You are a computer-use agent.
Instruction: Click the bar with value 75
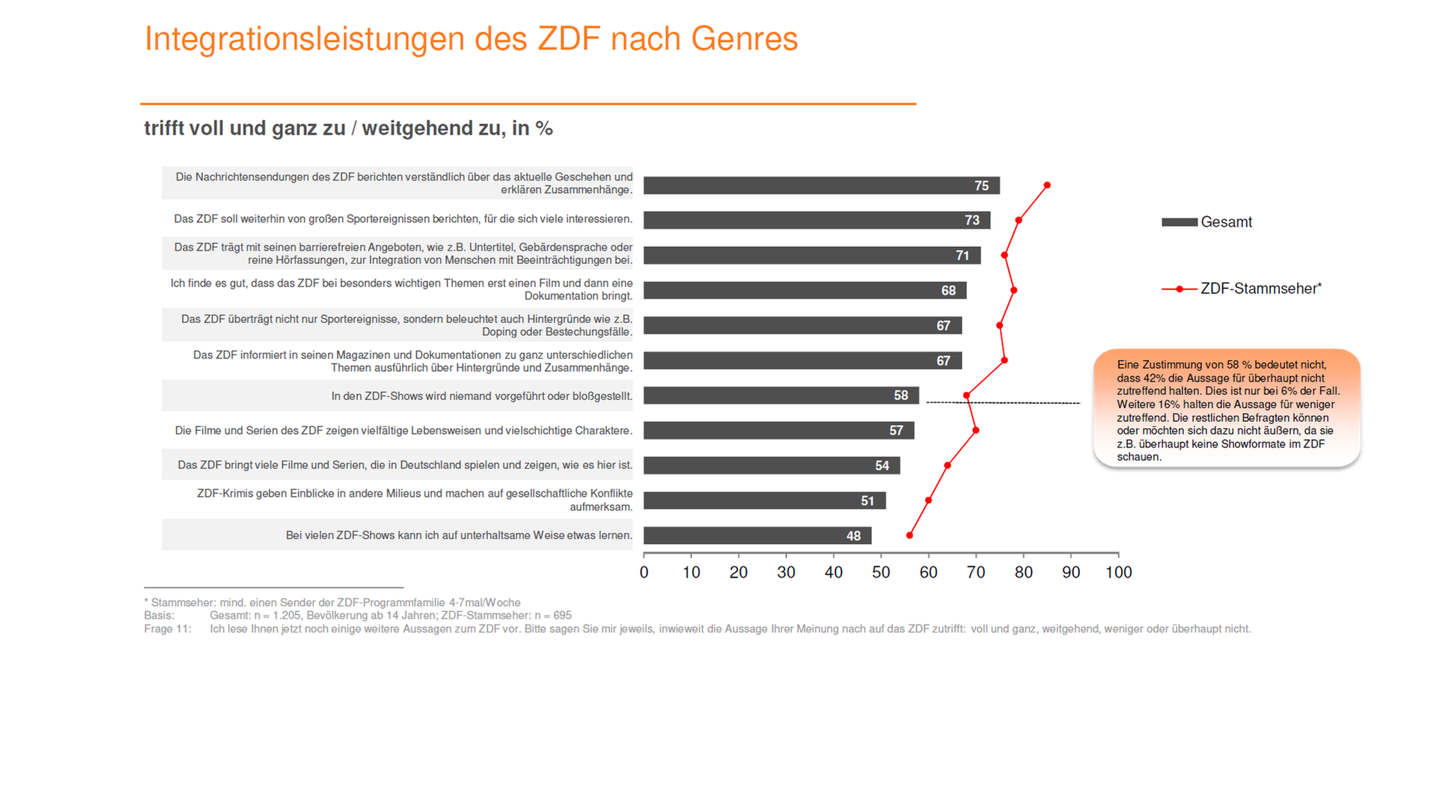[821, 186]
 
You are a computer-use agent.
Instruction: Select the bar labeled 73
[817, 220]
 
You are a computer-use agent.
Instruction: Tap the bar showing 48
[757, 536]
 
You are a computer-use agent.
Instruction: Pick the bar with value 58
[781, 395]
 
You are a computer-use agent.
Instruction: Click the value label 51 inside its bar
[867, 501]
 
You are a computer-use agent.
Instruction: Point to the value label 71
[962, 256]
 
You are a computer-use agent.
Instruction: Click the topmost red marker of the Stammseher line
[1047, 185]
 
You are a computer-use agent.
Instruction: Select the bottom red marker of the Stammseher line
[909, 536]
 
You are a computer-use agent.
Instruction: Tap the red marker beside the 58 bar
[966, 395]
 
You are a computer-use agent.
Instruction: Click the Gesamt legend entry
[1206, 222]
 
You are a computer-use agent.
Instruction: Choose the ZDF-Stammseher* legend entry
[1242, 289]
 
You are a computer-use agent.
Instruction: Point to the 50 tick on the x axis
[881, 572]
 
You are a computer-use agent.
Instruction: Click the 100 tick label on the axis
[1118, 572]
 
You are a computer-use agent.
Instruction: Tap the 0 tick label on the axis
[644, 572]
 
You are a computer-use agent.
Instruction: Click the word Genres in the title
[744, 39]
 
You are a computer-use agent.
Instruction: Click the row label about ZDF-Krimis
[415, 500]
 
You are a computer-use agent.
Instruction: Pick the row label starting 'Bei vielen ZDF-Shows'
[459, 535]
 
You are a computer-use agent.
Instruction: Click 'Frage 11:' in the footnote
[168, 629]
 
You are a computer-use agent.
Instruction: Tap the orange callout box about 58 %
[1227, 409]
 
